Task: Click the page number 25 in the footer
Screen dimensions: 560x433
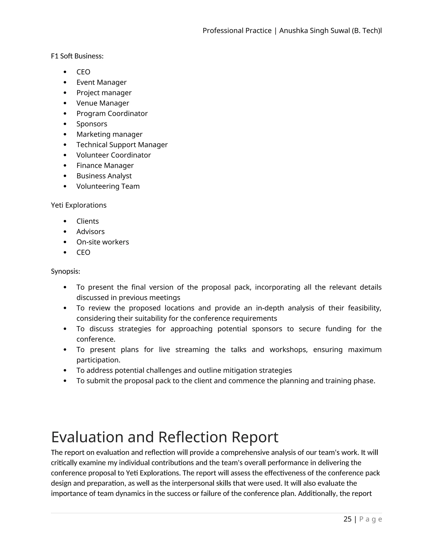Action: pyautogui.click(x=347, y=519)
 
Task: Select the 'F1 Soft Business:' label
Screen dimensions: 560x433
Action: pyautogui.click(x=77, y=56)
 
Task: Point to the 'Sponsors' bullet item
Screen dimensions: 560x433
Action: pyautogui.click(x=92, y=124)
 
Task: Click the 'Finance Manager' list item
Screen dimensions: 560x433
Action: pyautogui.click(x=105, y=165)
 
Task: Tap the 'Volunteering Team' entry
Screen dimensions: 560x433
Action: pyautogui.click(x=108, y=186)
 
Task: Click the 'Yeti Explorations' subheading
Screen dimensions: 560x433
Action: pyautogui.click(x=78, y=205)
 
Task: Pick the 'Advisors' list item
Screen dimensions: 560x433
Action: pyautogui.click(x=90, y=232)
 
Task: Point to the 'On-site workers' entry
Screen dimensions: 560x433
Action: pyautogui.click(x=103, y=242)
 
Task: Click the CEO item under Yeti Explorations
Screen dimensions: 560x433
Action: pyautogui.click(x=83, y=252)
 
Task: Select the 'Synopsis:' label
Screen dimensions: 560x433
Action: pyautogui.click(x=65, y=271)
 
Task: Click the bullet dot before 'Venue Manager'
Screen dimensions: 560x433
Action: pyautogui.click(x=65, y=103)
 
